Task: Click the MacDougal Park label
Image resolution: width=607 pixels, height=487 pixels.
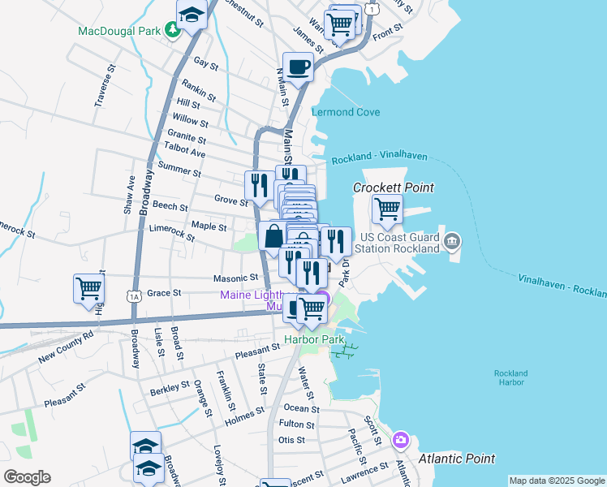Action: pyautogui.click(x=118, y=32)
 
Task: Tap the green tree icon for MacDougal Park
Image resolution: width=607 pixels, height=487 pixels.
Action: pyautogui.click(x=172, y=31)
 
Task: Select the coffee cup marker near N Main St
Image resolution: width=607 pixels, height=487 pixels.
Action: pyautogui.click(x=298, y=67)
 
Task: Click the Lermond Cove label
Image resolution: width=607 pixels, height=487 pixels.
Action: pyautogui.click(x=347, y=112)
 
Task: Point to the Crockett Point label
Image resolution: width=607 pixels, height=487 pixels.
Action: pyautogui.click(x=394, y=187)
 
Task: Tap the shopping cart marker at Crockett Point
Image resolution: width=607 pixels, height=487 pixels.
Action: pyautogui.click(x=387, y=209)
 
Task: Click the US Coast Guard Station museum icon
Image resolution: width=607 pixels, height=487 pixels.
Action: pyautogui.click(x=453, y=241)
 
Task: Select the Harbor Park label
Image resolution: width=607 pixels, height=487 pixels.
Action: pyautogui.click(x=314, y=338)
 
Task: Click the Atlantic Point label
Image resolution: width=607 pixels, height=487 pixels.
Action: pyautogui.click(x=457, y=459)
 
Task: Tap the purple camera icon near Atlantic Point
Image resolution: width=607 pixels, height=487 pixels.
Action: pyautogui.click(x=400, y=441)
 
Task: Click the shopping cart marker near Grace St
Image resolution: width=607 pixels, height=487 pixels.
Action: pyautogui.click(x=88, y=288)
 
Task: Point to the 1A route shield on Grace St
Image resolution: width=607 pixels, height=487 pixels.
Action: pyautogui.click(x=135, y=297)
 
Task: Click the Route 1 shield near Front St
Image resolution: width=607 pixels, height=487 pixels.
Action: pyautogui.click(x=371, y=7)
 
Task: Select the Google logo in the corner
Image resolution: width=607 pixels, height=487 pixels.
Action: pyautogui.click(x=27, y=476)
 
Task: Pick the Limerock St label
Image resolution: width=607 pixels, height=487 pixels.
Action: pyautogui.click(x=172, y=234)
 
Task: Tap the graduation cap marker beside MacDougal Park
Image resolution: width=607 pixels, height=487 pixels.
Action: pyautogui.click(x=192, y=15)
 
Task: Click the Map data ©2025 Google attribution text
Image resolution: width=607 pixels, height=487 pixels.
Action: pyautogui.click(x=556, y=481)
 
